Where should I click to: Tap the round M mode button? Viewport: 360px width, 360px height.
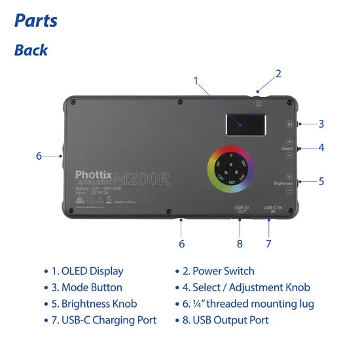pyautogui.click(x=289, y=123)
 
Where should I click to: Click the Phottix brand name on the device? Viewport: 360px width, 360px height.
pyautogui.click(x=94, y=175)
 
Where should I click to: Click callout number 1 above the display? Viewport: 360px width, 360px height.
pyautogui.click(x=196, y=81)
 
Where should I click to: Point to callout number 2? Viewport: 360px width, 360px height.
pyautogui.click(x=278, y=73)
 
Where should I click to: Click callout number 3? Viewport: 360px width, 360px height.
pyautogui.click(x=321, y=123)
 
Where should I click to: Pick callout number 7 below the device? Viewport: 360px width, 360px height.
pyautogui.click(x=268, y=243)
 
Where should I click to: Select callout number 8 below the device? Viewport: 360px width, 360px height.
pyautogui.click(x=240, y=243)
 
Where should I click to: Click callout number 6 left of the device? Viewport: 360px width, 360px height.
pyautogui.click(x=39, y=156)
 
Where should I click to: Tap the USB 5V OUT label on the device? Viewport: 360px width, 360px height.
pyautogui.click(x=240, y=210)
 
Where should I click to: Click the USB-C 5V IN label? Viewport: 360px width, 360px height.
pyautogui.click(x=273, y=210)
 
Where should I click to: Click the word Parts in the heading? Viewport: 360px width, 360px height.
pyautogui.click(x=36, y=20)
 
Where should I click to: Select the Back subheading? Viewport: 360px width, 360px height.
pyautogui.click(x=31, y=50)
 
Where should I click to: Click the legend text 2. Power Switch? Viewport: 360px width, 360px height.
pyautogui.click(x=220, y=270)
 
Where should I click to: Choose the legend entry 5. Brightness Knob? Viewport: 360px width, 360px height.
pyautogui.click(x=96, y=304)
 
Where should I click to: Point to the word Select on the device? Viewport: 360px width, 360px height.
pyautogui.click(x=287, y=149)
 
